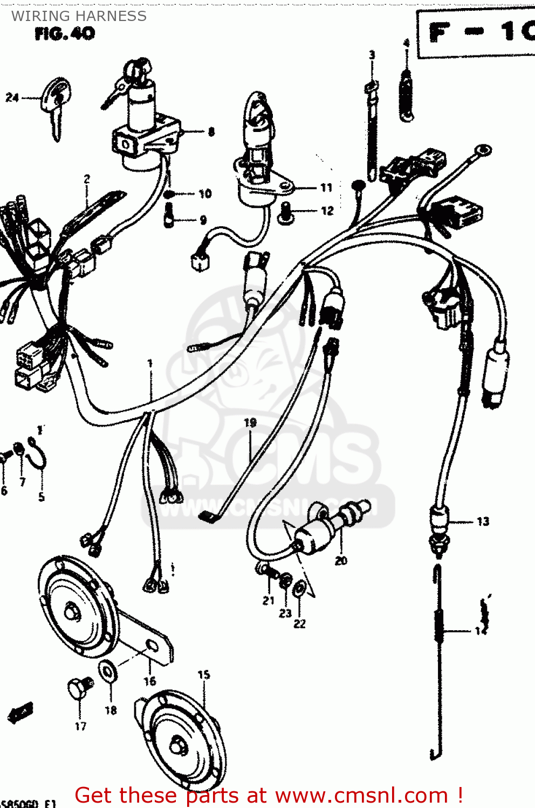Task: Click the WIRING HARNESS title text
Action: tap(79, 16)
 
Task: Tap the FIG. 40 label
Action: tap(65, 34)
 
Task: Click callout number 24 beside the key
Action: tap(12, 97)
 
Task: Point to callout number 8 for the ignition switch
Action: tap(211, 131)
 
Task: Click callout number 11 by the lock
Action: tap(326, 187)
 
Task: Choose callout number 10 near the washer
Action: tap(205, 194)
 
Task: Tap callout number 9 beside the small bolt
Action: tap(203, 220)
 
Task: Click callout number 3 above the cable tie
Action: tap(372, 55)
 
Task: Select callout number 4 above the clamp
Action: tap(406, 43)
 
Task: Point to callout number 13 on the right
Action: tap(483, 521)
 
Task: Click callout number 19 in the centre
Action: tap(250, 423)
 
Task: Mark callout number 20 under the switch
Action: tap(341, 561)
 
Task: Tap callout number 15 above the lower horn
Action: tap(203, 674)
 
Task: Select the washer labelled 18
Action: tap(108, 671)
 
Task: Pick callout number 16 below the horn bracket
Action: tap(149, 681)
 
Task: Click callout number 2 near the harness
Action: tap(87, 179)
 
